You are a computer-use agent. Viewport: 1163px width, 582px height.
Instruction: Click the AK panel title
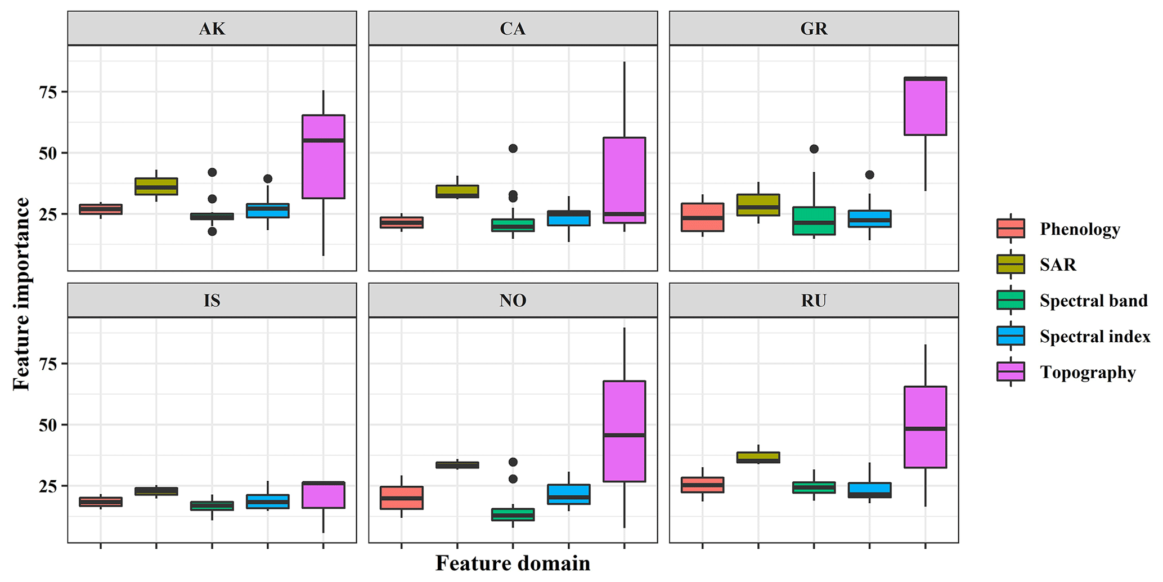212,29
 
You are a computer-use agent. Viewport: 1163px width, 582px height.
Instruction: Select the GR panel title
814,29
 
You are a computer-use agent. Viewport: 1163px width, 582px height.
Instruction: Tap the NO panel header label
513,301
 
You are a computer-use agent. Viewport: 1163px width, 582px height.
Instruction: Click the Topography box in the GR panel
925,106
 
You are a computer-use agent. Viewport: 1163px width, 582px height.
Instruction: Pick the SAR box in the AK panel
156,186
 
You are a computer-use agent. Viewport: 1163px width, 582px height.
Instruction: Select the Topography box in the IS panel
323,495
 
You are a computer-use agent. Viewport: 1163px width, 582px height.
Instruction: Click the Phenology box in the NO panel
401,498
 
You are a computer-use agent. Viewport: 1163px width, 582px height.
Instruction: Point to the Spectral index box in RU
869,490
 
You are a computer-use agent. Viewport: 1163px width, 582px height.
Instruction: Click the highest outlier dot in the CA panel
513,149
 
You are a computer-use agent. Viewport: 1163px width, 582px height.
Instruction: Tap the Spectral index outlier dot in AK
268,179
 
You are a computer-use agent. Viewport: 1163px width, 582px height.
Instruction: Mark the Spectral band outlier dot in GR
814,149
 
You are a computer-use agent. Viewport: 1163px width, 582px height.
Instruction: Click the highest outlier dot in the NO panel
513,462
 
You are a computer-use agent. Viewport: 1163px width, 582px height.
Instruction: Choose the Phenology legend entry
1079,229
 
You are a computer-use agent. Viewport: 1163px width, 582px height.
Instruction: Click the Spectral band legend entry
1093,301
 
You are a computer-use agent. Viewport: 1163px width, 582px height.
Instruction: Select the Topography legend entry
1087,372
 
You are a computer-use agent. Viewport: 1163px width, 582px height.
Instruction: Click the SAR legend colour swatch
1011,265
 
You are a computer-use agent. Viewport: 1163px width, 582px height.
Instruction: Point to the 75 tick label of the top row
48,92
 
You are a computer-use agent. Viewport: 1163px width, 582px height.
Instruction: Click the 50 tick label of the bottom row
48,425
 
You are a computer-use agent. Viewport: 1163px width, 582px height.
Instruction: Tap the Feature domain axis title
513,563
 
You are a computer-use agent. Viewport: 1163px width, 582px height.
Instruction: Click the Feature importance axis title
21,293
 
